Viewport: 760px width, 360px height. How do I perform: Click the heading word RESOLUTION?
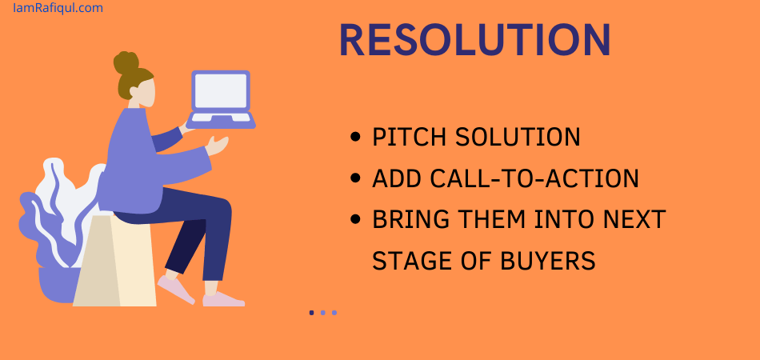tap(475, 41)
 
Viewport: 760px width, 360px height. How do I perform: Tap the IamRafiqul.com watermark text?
tap(58, 8)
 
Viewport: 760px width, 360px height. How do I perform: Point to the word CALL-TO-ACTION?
tap(534, 178)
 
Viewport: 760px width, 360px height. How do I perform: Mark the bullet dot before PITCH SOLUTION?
tap(354, 137)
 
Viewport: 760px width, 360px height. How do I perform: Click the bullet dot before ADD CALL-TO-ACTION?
tap(354, 178)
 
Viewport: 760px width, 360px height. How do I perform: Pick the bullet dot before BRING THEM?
tap(354, 219)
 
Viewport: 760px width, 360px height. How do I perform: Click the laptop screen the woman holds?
tap(221, 91)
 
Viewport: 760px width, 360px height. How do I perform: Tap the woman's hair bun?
tap(126, 62)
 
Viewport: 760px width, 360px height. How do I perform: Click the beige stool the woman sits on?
tap(114, 261)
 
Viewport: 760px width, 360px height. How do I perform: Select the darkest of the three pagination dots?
tap(312, 313)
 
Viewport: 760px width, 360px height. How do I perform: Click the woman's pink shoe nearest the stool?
tap(175, 290)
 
